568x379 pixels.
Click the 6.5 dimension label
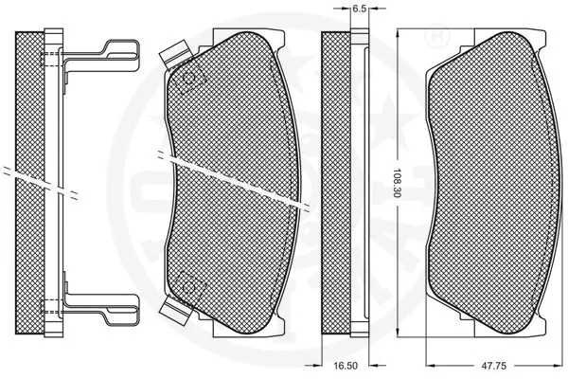click(359, 9)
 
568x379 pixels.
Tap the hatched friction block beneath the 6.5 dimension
click(335, 180)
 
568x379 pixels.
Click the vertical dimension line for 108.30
click(397, 114)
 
